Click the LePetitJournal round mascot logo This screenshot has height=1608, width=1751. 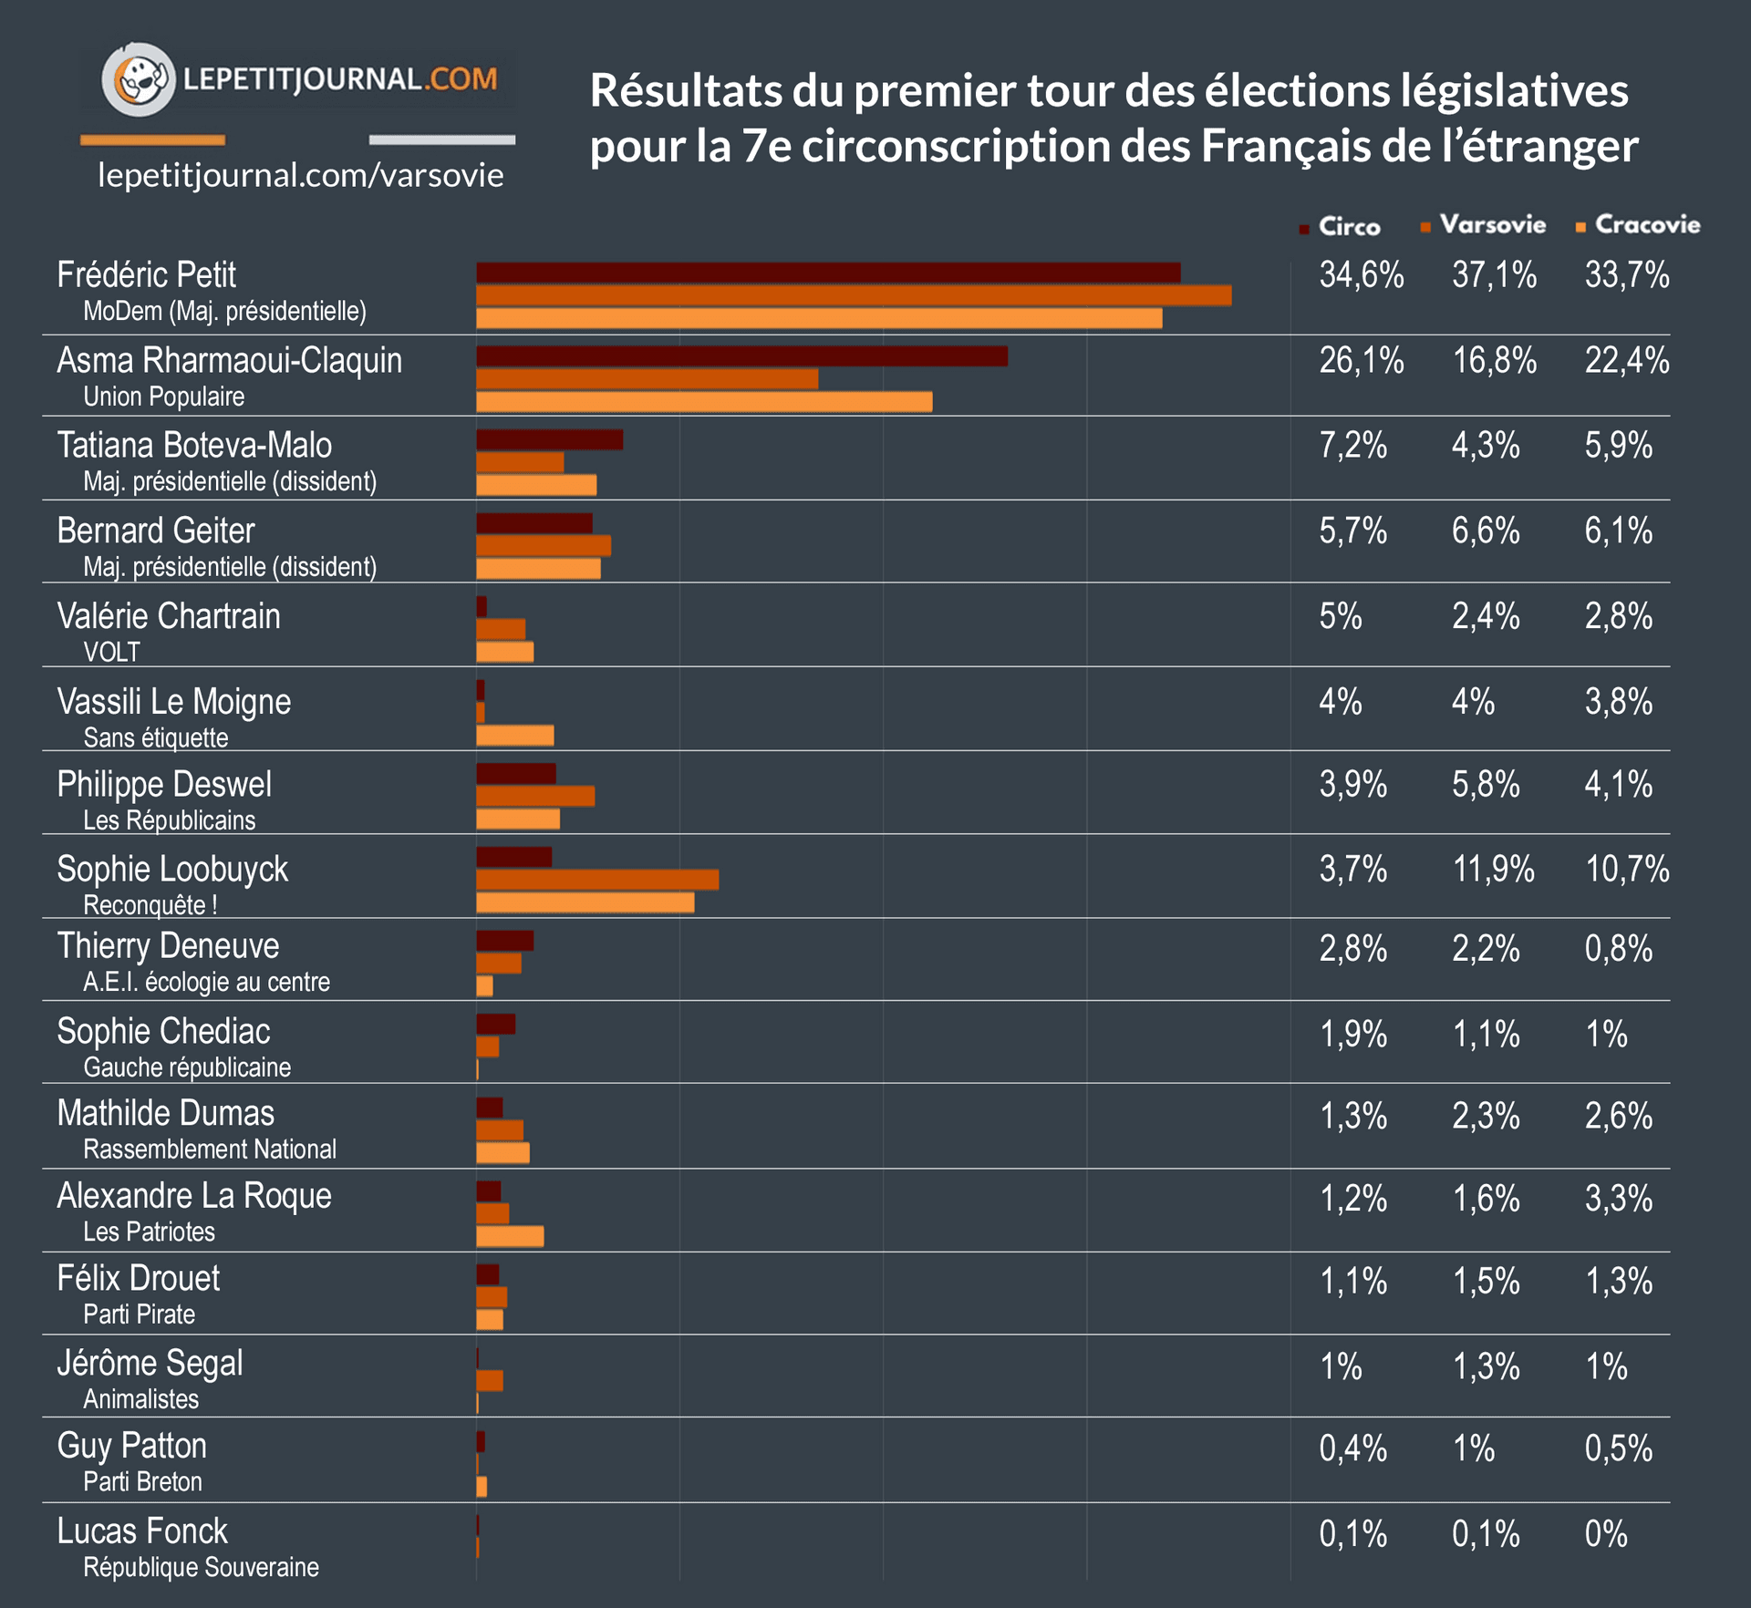tap(138, 79)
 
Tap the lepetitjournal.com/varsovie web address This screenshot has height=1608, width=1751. tap(300, 175)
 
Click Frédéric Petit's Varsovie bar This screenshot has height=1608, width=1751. tap(853, 295)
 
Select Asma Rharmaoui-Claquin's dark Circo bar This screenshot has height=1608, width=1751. tap(741, 356)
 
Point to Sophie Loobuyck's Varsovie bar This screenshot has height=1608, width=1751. tap(597, 880)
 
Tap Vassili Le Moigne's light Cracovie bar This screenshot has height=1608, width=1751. tap(514, 736)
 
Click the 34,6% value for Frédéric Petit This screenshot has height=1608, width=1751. tap(1361, 275)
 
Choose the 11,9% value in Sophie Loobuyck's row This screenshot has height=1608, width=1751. tap(1493, 870)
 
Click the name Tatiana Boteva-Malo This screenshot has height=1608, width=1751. tap(194, 446)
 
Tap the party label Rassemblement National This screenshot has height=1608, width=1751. tap(210, 1149)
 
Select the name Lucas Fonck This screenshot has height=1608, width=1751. tap(142, 1531)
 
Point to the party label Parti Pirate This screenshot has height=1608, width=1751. tap(140, 1314)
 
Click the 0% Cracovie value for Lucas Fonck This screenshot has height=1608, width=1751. tap(1605, 1534)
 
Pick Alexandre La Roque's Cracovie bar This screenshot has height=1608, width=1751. tap(510, 1237)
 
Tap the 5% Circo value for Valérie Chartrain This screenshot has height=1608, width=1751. tap(1340, 617)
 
